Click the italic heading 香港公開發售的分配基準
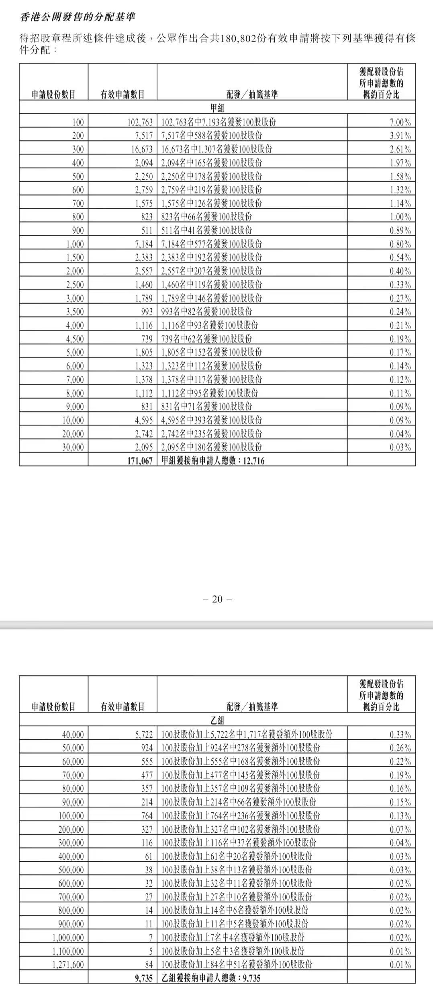(x=78, y=17)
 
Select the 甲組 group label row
(x=217, y=108)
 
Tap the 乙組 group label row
(x=217, y=720)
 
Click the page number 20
(x=217, y=599)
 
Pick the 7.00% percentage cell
(x=400, y=122)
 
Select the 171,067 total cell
(x=140, y=461)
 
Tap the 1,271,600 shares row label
(x=68, y=964)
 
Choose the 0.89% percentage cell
(x=400, y=230)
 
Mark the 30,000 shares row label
(x=73, y=447)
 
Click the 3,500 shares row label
(x=75, y=312)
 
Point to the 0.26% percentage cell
(x=400, y=748)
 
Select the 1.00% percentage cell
(x=400, y=217)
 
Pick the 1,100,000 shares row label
(x=68, y=951)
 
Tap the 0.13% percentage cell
(x=400, y=816)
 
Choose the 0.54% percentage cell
(x=400, y=257)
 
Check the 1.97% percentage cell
(x=400, y=163)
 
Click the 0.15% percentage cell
(x=400, y=802)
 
